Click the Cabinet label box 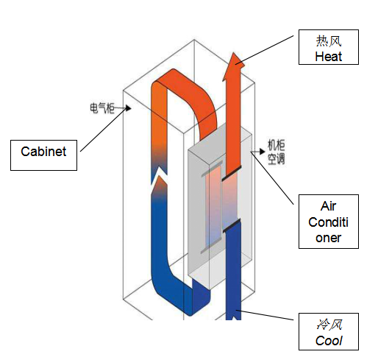pyautogui.click(x=43, y=155)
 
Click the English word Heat pyautogui.click(x=328, y=57)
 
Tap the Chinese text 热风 pyautogui.click(x=329, y=41)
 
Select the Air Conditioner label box pyautogui.click(x=329, y=222)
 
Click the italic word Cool pyautogui.click(x=329, y=341)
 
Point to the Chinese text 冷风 pyautogui.click(x=329, y=325)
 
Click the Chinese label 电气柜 pyautogui.click(x=102, y=108)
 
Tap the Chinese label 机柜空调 pyautogui.click(x=276, y=152)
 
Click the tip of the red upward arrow pyautogui.click(x=234, y=52)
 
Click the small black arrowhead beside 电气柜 pyautogui.click(x=129, y=108)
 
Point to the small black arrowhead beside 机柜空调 pyautogui.click(x=263, y=152)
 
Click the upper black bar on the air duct pyautogui.click(x=232, y=173)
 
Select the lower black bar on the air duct pyautogui.click(x=232, y=225)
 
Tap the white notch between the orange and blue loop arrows pyautogui.click(x=160, y=175)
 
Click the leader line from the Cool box pyautogui.click(x=265, y=315)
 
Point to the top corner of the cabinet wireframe pyautogui.click(x=194, y=40)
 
